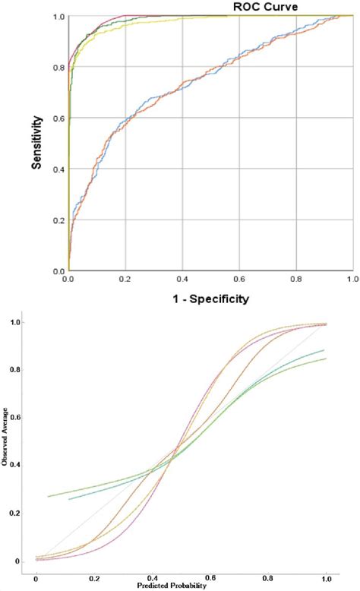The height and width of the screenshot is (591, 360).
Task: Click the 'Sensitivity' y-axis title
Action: pos(36,142)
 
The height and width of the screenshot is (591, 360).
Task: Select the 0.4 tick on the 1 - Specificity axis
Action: pos(182,280)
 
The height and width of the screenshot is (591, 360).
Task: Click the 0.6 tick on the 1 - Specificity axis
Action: pos(239,280)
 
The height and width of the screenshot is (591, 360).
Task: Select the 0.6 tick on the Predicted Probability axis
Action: pos(229,577)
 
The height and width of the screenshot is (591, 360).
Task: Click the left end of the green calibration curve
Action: pos(48,497)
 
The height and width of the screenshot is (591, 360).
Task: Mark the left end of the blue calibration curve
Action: pos(69,499)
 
